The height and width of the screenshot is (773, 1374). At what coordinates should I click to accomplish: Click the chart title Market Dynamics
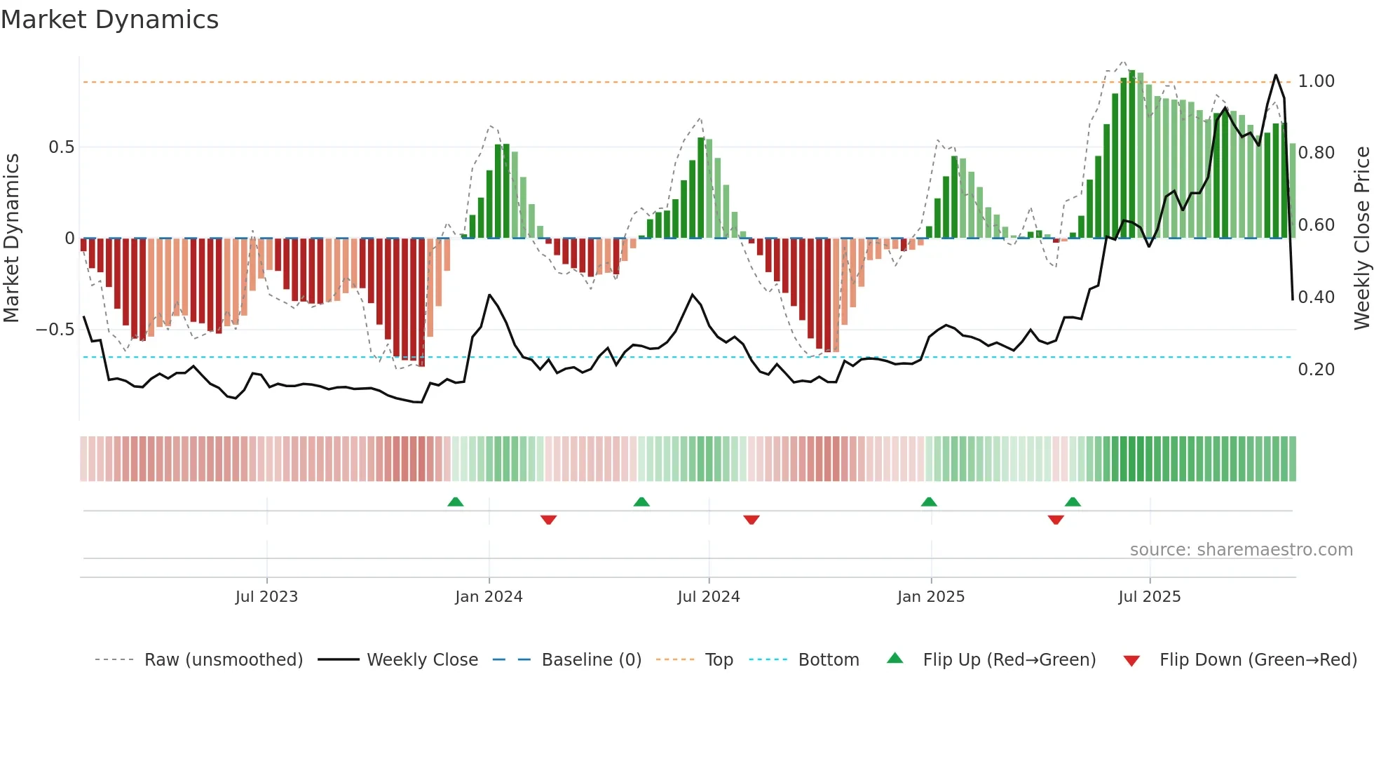(x=110, y=20)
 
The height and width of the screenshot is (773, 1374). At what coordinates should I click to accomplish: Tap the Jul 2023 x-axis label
(x=266, y=597)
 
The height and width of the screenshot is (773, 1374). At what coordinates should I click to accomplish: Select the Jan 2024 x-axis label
(x=489, y=597)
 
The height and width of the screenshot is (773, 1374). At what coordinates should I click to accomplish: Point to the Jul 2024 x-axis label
(x=708, y=597)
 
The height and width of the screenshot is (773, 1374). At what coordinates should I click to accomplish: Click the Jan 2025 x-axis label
(x=930, y=597)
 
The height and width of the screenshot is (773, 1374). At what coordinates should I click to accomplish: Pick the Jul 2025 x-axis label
(x=1149, y=597)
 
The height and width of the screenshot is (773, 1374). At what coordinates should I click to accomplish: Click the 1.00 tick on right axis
(x=1316, y=81)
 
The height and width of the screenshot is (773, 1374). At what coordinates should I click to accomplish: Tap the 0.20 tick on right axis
(x=1316, y=370)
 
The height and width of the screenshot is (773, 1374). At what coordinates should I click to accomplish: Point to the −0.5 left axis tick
(x=55, y=330)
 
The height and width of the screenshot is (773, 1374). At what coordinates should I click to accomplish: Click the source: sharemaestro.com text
(x=1241, y=550)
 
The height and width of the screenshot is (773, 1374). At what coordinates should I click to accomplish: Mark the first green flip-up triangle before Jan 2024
(x=456, y=502)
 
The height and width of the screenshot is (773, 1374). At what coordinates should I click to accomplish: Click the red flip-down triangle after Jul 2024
(x=751, y=520)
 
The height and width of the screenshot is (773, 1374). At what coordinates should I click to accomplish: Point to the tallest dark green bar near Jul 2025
(x=1131, y=154)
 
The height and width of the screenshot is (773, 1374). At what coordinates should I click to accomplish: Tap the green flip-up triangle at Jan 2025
(x=929, y=502)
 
